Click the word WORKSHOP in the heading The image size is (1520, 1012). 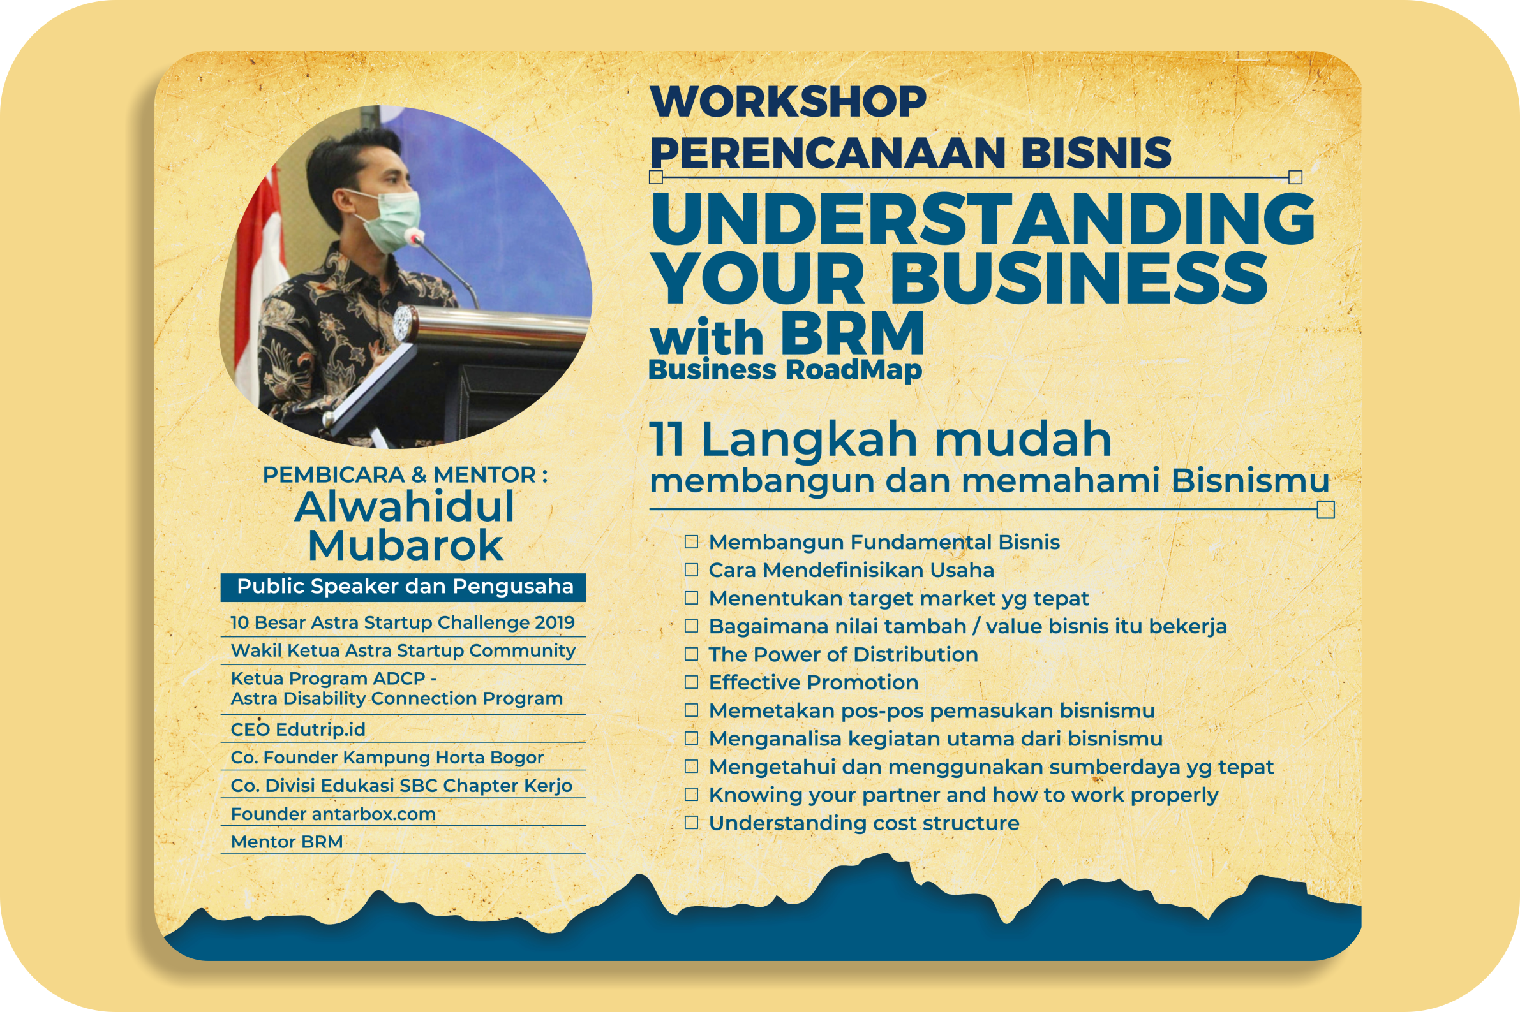(789, 101)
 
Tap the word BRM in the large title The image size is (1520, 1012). (853, 334)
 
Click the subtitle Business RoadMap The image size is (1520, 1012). (785, 370)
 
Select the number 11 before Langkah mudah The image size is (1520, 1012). (666, 439)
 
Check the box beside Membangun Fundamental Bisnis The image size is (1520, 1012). (692, 541)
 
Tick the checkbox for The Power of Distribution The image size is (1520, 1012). (692, 654)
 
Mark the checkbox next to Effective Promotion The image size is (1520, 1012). (692, 682)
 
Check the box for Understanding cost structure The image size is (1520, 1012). (692, 822)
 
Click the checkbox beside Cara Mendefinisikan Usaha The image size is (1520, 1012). (692, 570)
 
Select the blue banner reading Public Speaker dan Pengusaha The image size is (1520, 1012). (403, 587)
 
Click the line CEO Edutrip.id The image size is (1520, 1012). (298, 730)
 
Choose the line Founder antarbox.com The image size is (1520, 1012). (333, 814)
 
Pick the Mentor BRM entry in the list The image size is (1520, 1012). (287, 842)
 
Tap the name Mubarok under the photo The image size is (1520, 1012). (405, 546)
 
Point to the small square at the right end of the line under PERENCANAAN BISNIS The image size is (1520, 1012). (1295, 177)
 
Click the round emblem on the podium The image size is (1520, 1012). (404, 323)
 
